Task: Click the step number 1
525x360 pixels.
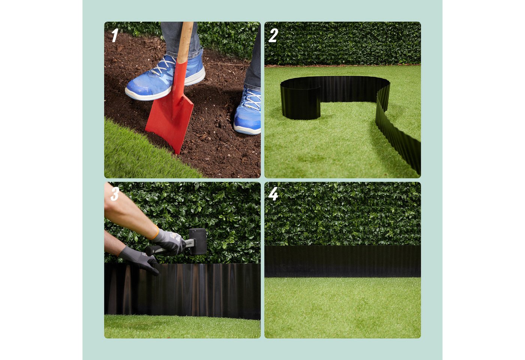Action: (x=115, y=35)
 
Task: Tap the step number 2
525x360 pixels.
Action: (x=273, y=36)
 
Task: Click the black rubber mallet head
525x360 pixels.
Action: (x=198, y=241)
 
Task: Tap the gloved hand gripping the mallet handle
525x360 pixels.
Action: (x=168, y=241)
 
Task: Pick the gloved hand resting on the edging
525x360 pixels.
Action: (x=139, y=259)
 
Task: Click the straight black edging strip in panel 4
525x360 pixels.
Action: (x=343, y=261)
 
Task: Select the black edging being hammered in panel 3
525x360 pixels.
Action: (x=182, y=291)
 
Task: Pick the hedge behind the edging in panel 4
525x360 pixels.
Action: (x=343, y=214)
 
